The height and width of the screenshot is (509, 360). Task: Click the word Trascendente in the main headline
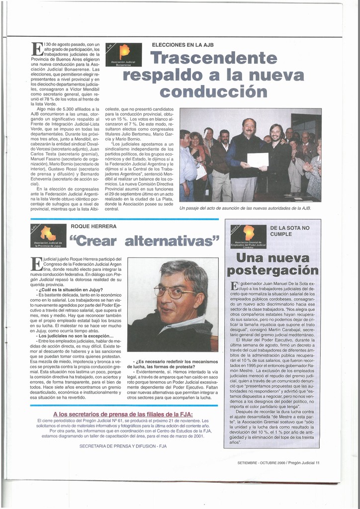click(214, 58)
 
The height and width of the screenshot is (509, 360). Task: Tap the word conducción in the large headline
click(213, 92)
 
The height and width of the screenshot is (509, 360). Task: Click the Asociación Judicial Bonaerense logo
click(124, 55)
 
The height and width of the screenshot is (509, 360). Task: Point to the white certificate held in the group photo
click(258, 160)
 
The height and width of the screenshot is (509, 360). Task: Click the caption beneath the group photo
click(245, 208)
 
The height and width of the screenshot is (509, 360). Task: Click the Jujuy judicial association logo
click(48, 235)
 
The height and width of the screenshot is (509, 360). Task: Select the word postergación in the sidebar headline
click(272, 271)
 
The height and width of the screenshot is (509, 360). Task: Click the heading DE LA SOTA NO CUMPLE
click(289, 231)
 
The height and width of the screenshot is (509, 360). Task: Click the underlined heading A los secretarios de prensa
click(123, 414)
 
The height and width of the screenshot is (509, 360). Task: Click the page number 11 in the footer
click(317, 463)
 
